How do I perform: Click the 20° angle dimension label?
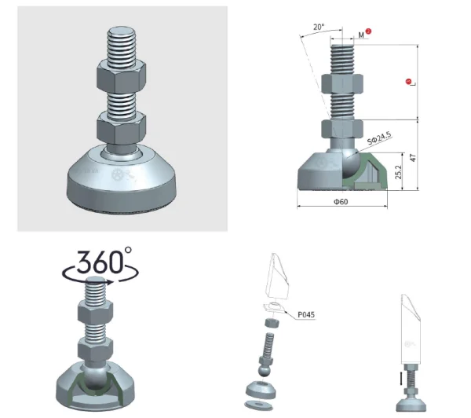pos(319,27)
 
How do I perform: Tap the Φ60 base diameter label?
pos(341,201)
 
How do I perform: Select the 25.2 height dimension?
pos(398,172)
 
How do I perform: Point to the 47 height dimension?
pos(413,158)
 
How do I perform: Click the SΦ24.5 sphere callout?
pos(379,138)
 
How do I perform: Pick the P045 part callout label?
pos(306,314)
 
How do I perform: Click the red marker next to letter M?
pos(368,31)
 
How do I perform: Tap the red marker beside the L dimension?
pos(408,82)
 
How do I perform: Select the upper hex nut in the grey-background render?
pos(122,76)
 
